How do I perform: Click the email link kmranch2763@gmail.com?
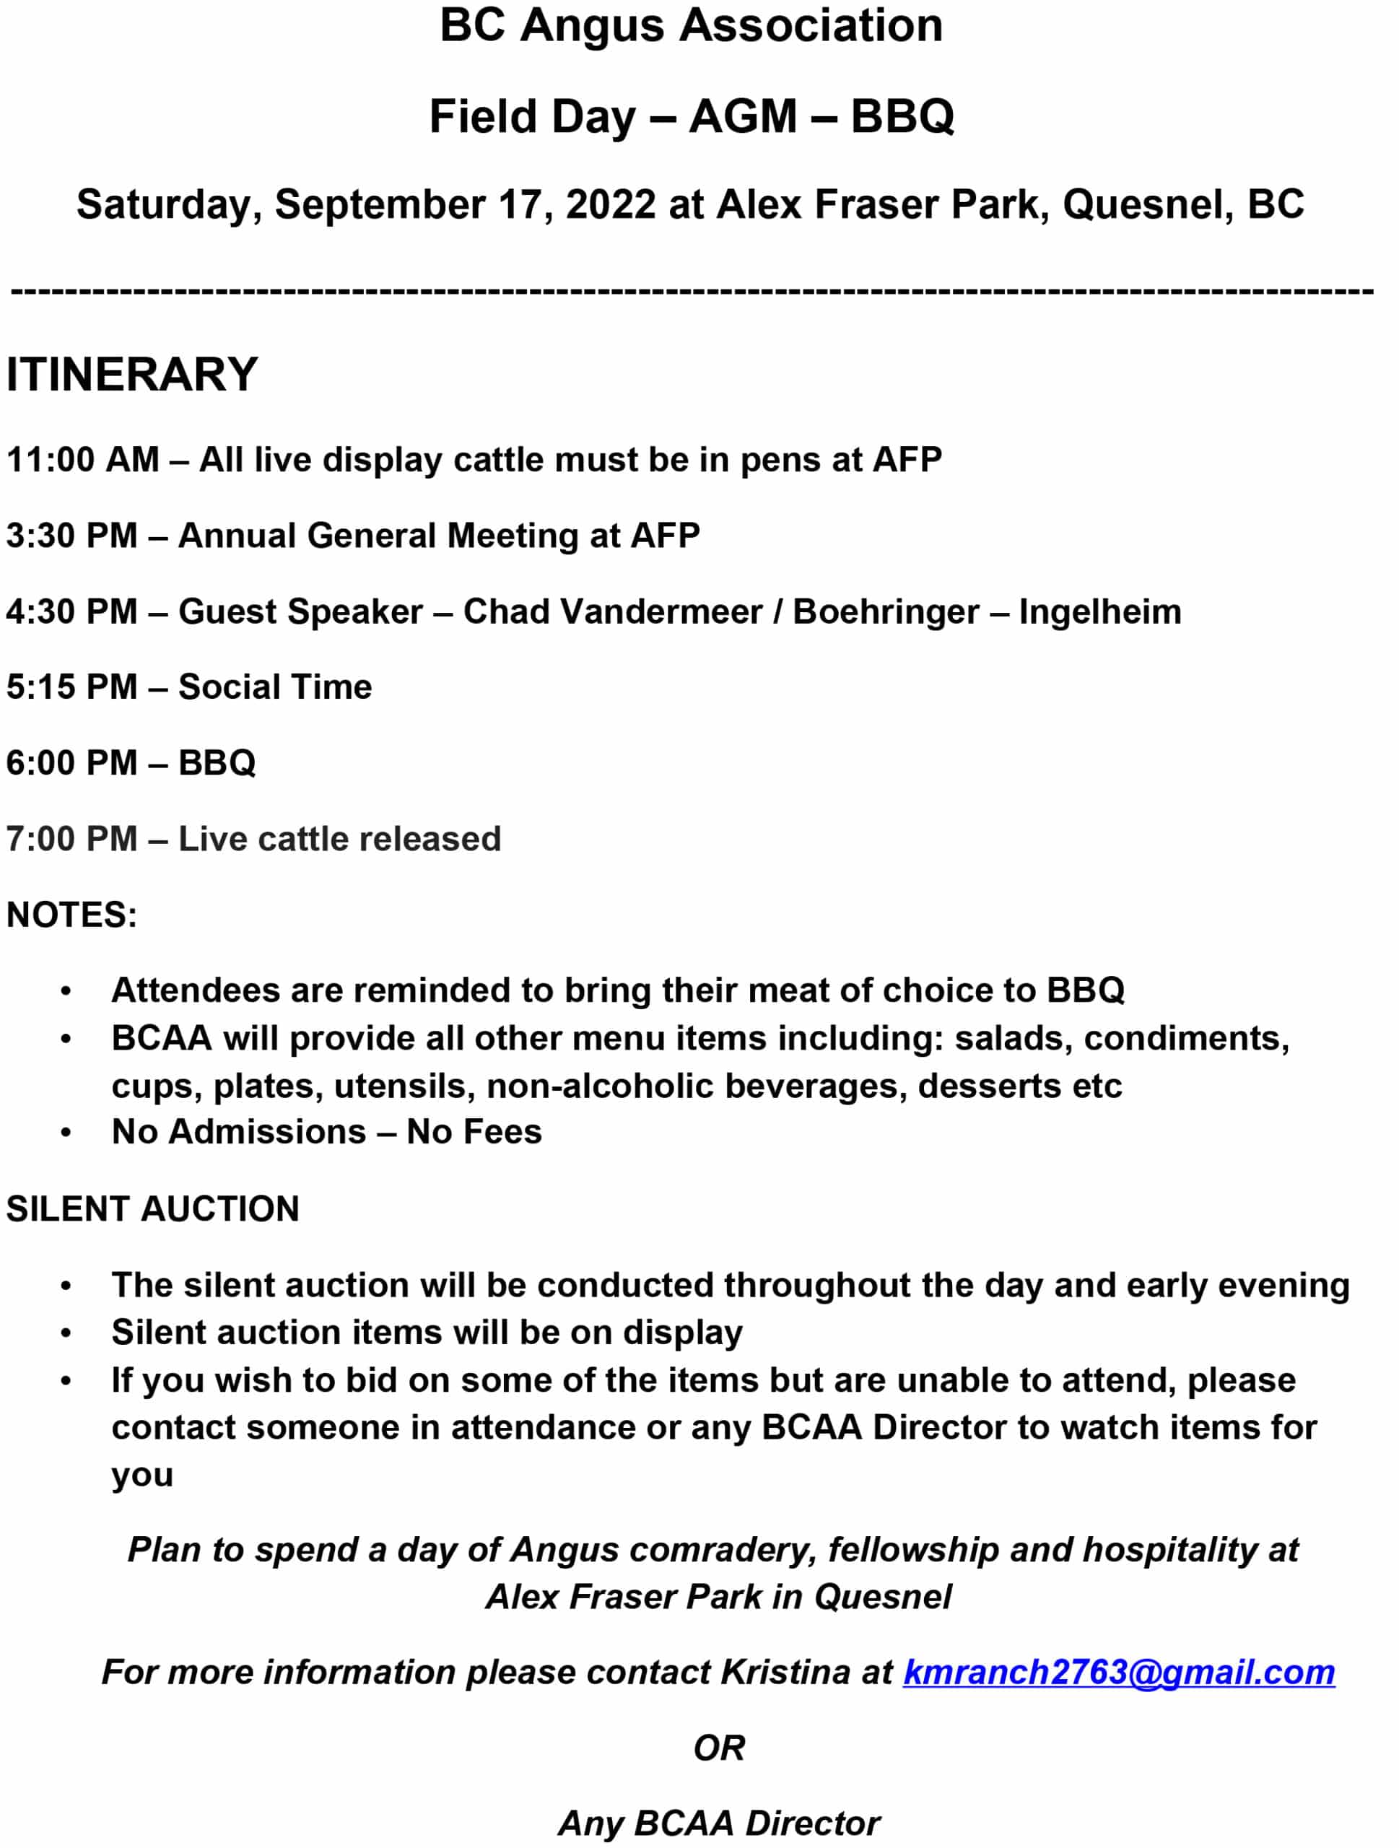point(1118,1672)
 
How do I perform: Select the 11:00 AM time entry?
point(82,460)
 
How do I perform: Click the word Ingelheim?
point(1099,611)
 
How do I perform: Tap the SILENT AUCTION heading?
point(153,1209)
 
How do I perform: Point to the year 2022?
point(611,205)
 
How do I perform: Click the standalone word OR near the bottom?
point(718,1748)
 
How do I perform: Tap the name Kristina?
point(785,1672)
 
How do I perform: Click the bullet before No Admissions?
point(66,1133)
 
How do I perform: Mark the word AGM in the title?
point(743,116)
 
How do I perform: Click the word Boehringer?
point(885,611)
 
